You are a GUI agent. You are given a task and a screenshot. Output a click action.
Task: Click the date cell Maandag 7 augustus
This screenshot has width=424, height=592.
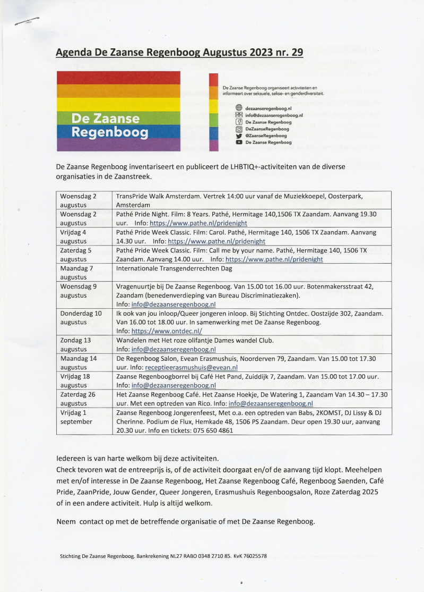(x=77, y=273)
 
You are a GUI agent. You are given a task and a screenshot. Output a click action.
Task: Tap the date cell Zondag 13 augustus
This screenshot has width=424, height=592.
(x=76, y=344)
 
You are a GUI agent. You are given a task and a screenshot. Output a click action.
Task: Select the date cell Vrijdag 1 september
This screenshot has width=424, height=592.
(x=76, y=417)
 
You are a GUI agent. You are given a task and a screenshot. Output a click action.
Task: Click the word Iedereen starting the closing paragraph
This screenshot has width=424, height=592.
(x=72, y=458)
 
